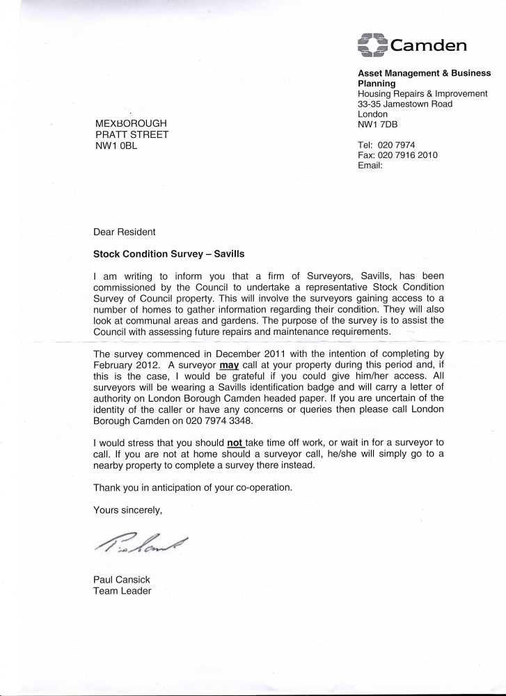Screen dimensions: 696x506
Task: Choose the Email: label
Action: (370, 166)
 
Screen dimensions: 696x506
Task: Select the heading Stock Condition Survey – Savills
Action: (169, 254)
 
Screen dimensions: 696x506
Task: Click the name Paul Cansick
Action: (122, 580)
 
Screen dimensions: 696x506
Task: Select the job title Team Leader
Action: (122, 591)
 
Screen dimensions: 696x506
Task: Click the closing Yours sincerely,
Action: (127, 510)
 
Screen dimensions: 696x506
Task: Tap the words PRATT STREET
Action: (132, 135)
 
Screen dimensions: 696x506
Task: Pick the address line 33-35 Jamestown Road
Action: (404, 104)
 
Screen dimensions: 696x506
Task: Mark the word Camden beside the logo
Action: (428, 46)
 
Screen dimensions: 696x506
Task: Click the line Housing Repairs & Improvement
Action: (422, 93)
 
